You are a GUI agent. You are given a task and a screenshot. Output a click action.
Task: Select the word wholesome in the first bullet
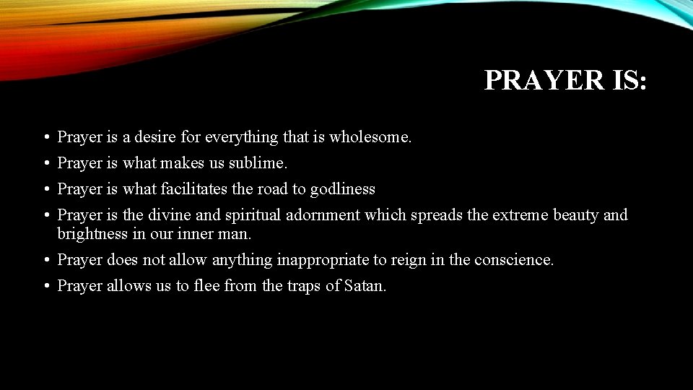(x=370, y=136)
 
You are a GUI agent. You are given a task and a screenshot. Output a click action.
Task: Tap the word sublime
(x=258, y=163)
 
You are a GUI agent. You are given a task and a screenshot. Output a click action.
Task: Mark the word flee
(x=205, y=286)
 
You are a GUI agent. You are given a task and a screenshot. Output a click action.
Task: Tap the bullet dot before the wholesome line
(x=45, y=137)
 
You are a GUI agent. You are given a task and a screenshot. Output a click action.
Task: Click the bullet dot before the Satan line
(x=45, y=287)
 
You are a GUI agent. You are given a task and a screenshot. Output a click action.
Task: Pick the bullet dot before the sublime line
(x=45, y=164)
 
